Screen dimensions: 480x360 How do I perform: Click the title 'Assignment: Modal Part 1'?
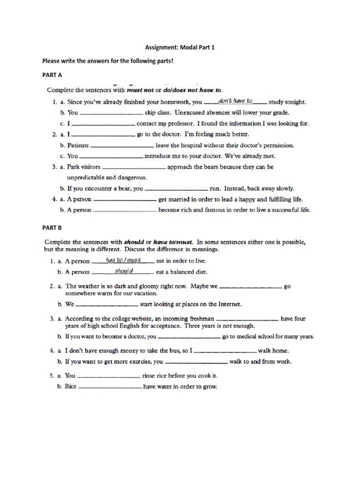[180, 47]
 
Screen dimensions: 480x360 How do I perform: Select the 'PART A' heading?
[52, 75]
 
